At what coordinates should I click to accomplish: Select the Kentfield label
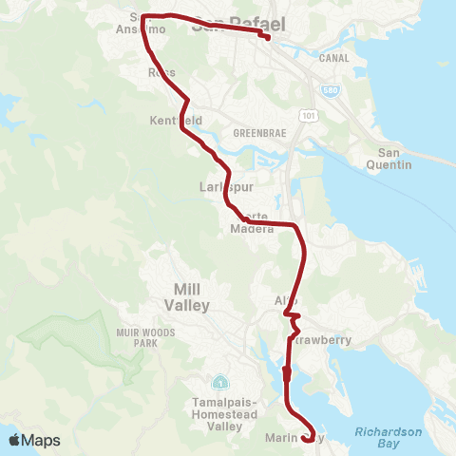tap(177, 122)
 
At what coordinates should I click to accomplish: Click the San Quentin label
tap(395, 159)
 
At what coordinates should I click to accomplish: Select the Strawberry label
tap(321, 339)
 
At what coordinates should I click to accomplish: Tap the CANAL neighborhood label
tap(335, 58)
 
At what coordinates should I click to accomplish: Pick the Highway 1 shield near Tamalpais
tap(220, 383)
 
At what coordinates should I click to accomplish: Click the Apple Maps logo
tap(34, 440)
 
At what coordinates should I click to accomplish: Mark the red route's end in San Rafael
tap(268, 38)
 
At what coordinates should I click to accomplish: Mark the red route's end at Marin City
tap(307, 440)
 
